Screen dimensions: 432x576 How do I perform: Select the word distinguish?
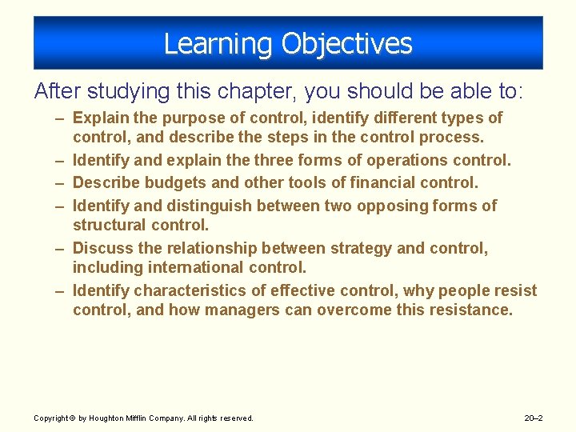coord(212,206)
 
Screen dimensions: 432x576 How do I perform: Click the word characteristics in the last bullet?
coord(189,290)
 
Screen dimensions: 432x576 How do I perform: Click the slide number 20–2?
coord(533,418)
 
